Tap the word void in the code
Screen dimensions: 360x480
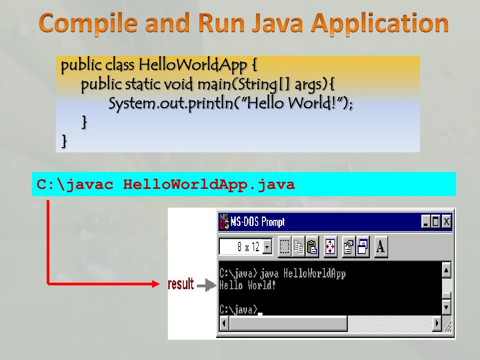(x=178, y=85)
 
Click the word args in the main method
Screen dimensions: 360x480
(x=308, y=85)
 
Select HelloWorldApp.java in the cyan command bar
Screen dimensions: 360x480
(x=209, y=184)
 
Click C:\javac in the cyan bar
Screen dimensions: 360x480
(x=75, y=184)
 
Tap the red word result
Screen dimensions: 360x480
(x=180, y=284)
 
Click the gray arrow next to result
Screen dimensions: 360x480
(x=206, y=285)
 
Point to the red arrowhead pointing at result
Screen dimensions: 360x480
(x=156, y=284)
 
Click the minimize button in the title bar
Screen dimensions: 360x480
(x=426, y=221)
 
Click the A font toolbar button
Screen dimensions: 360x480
(x=381, y=247)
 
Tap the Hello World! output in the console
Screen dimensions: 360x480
(x=247, y=285)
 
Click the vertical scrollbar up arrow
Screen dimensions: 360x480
(x=446, y=270)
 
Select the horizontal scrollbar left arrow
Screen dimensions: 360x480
(x=224, y=323)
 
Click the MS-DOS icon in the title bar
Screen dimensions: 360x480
(x=224, y=221)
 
